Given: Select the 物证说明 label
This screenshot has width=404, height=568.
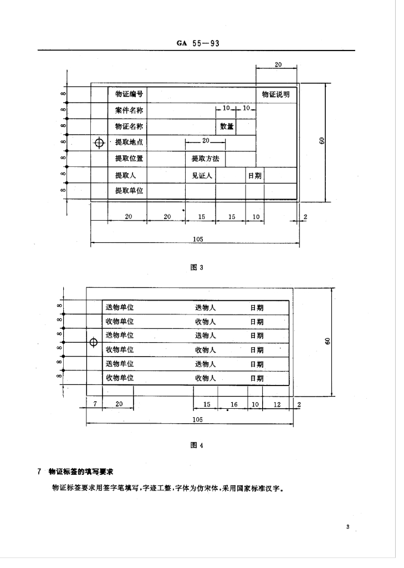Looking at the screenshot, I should click(275, 94).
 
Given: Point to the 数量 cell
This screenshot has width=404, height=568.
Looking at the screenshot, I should click(227, 126).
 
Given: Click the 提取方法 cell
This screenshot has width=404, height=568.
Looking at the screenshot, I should click(205, 159).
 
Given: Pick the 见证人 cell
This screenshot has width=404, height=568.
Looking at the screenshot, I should click(201, 175).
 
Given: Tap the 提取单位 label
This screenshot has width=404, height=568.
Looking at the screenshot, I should click(129, 191).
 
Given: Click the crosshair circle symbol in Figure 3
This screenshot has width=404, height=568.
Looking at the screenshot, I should click(100, 143).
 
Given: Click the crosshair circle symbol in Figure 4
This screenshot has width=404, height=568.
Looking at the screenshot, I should click(94, 342).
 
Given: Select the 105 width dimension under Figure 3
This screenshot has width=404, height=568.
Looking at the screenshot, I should click(198, 239).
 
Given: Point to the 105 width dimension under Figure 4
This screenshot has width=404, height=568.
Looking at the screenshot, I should click(197, 420).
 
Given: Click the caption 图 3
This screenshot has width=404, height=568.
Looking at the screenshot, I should click(198, 267).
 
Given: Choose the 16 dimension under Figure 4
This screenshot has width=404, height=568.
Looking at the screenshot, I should click(234, 405).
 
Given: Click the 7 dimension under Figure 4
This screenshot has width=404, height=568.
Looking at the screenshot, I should click(95, 405).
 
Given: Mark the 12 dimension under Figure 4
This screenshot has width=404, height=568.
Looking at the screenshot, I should click(277, 405).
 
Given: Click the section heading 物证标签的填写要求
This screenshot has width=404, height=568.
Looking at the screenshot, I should click(80, 471).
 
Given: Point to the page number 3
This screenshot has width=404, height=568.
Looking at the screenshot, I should click(347, 527).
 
